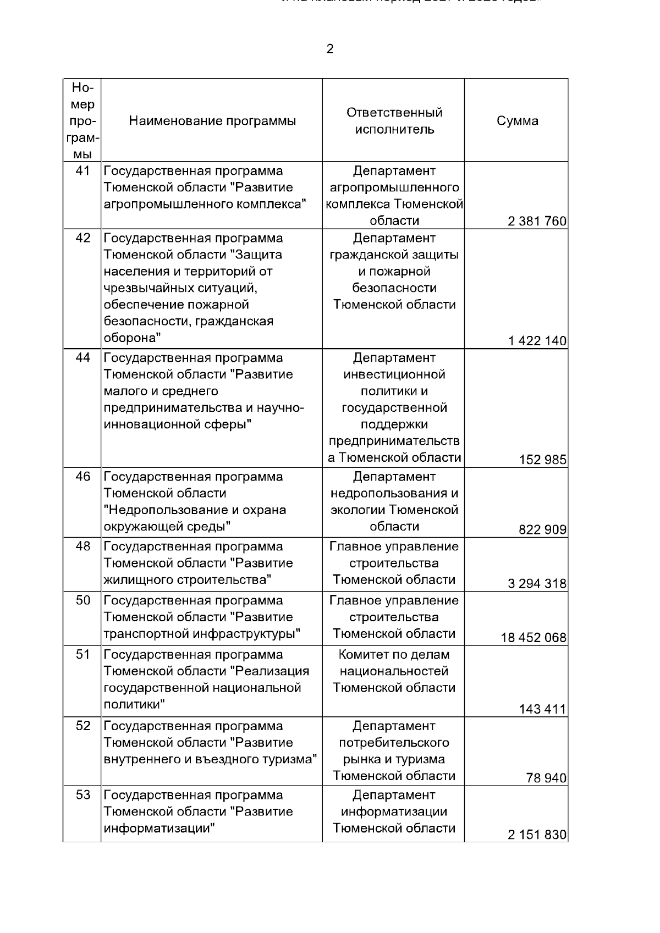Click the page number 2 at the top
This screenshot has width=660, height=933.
point(329,49)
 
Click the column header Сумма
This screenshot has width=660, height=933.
point(517,121)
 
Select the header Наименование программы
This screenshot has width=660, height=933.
point(212,121)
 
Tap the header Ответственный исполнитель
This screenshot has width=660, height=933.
point(394,121)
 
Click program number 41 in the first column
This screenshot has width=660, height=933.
point(82,171)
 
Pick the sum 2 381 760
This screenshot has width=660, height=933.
point(537,222)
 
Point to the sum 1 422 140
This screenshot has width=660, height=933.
point(537,341)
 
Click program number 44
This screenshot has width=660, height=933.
point(82,358)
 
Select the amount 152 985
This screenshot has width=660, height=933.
point(542,460)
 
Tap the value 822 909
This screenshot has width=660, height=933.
point(542,530)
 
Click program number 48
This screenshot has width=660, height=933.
point(82,547)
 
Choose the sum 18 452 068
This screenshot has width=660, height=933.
point(533,638)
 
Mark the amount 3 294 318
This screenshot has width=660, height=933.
point(537,584)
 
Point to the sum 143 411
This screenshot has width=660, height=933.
point(542,709)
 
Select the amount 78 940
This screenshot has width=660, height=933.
point(546,779)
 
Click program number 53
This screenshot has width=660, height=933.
point(82,796)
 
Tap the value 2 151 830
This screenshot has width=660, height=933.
point(537,835)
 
